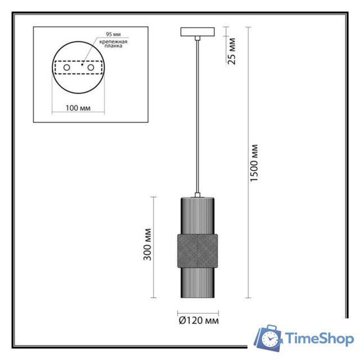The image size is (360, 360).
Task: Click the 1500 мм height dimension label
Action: (x=254, y=163)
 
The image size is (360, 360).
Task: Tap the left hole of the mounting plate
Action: (x=67, y=67)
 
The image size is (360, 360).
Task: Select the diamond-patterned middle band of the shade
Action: (x=196, y=249)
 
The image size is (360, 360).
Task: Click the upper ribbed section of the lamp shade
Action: (x=196, y=214)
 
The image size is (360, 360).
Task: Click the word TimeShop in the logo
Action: (x=319, y=339)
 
